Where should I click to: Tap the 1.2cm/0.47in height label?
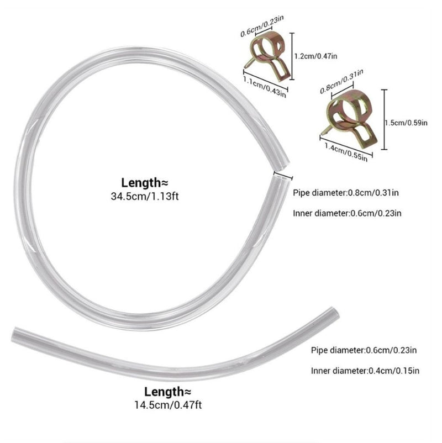315,56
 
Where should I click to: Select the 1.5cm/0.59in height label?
406,123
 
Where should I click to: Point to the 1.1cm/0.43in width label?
265,87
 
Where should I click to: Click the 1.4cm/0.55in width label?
346,152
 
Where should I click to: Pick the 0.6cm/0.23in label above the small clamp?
262,26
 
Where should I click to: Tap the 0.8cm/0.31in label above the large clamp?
341,81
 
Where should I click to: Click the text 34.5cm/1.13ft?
145,196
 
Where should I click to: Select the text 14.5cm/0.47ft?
168,405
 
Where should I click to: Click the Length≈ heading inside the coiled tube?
145,183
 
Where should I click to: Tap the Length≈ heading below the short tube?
168,392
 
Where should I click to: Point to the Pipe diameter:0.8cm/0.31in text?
346,193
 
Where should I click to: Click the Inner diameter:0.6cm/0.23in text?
347,213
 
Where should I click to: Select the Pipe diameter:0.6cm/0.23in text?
364,350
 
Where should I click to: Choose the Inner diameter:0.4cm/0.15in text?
365,371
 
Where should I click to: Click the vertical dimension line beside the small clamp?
292,56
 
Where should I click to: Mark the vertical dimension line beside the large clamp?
384,119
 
